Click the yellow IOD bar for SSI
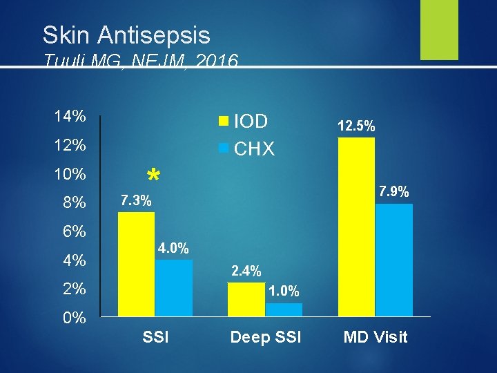click(137, 264)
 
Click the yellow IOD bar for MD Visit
click(356, 227)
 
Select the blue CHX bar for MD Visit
click(393, 260)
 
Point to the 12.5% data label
click(356, 126)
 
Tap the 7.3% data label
click(136, 201)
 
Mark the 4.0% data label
click(173, 248)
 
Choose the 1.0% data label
click(284, 292)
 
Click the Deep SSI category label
click(266, 338)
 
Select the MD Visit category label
click(376, 338)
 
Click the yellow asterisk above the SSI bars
click(153, 175)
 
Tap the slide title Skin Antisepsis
click(126, 35)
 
